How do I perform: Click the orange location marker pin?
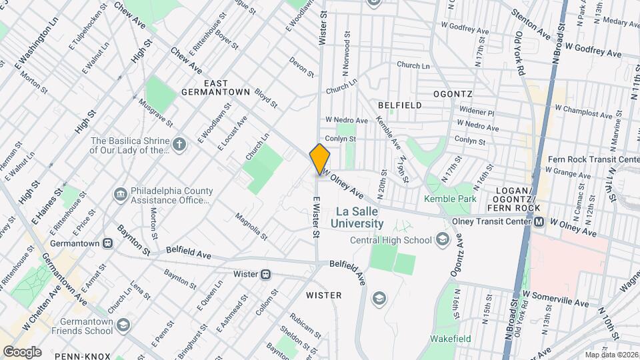tap(320, 159)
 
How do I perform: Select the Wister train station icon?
tap(266, 274)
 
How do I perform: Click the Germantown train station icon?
tap(108, 243)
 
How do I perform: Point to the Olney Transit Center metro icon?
tap(539, 222)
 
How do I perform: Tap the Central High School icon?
tap(442, 240)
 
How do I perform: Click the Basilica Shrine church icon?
tap(179, 145)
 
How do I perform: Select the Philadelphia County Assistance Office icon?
tap(121, 194)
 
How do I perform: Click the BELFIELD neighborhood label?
tap(399, 105)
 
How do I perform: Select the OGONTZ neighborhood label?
tap(453, 94)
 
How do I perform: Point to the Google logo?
tap(22, 351)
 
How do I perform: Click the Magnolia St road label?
tap(251, 227)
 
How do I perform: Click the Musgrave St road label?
tap(156, 114)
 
